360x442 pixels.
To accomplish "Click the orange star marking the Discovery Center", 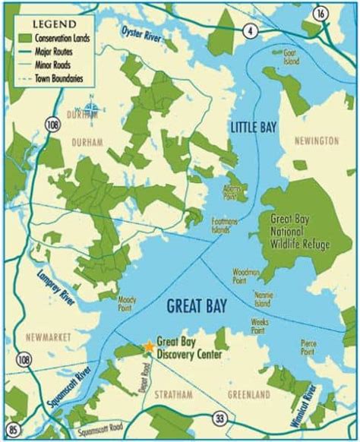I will pos(148,347).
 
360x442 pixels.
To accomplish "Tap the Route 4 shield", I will pos(248,30).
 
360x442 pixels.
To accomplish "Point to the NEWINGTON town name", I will pos(318,141).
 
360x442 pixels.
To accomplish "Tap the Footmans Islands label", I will pos(225,224).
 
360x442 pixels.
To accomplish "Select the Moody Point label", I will pos(127,304).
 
